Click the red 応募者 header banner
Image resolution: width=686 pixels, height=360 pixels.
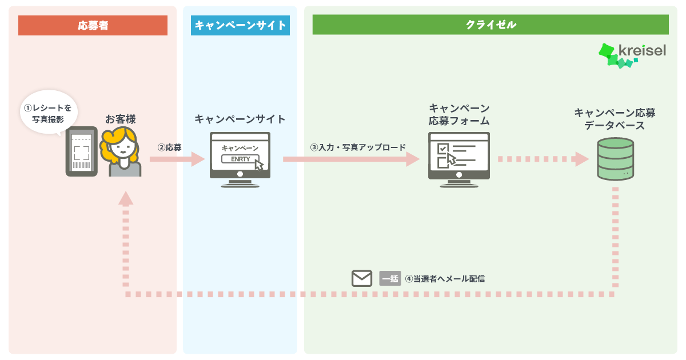93,25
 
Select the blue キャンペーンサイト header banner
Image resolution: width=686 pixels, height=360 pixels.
240,25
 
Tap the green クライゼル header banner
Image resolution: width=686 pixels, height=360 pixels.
490,25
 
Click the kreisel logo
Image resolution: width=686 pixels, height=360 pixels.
632,55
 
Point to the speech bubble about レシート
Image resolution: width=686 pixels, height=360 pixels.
49,113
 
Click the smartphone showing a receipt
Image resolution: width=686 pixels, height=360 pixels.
81,151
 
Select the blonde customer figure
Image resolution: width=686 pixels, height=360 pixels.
121,152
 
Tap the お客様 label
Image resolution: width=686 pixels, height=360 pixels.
121,119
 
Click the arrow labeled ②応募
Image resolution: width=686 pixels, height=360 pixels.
177,159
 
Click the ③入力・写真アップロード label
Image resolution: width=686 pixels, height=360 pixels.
358,147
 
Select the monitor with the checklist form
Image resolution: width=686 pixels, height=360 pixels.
458,159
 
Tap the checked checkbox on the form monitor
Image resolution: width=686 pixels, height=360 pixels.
443,149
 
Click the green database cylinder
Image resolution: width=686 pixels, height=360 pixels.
615,159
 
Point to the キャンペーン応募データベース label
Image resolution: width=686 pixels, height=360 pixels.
615,119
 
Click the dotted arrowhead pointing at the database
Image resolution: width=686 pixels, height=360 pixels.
582,159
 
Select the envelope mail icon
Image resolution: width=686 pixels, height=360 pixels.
362,278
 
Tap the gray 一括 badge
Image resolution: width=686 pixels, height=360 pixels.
390,279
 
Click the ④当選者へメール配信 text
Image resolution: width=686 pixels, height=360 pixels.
445,279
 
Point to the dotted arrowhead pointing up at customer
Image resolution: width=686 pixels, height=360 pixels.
126,198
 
